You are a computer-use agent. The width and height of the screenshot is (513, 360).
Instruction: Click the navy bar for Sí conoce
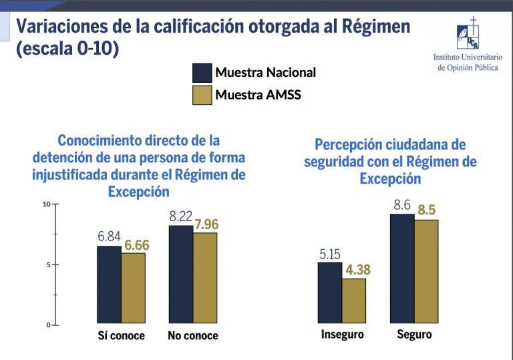tap(109, 285)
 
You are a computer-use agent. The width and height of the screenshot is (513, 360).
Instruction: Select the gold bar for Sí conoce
tap(133, 289)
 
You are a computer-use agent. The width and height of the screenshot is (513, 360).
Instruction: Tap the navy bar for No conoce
tap(180, 275)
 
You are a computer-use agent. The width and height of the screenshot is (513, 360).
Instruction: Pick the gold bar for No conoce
tap(205, 279)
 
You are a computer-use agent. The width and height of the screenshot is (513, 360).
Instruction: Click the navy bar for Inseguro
tap(330, 293)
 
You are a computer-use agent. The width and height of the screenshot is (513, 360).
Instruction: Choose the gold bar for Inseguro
tap(354, 301)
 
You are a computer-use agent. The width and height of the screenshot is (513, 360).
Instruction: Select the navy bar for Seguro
tap(402, 269)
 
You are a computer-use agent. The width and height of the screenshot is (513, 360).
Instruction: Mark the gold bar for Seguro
tap(426, 272)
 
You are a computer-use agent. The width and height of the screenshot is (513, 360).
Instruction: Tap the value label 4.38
tap(355, 270)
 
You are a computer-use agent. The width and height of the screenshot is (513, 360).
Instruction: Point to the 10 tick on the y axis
tap(47, 204)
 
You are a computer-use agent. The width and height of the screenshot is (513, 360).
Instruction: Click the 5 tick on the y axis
tap(48, 264)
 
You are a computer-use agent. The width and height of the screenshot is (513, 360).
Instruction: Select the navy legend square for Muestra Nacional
tap(202, 72)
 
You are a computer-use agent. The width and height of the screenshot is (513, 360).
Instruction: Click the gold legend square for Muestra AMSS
tap(202, 95)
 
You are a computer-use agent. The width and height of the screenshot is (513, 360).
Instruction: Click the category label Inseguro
tap(343, 334)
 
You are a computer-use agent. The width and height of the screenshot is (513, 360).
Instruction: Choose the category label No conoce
tap(193, 335)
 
